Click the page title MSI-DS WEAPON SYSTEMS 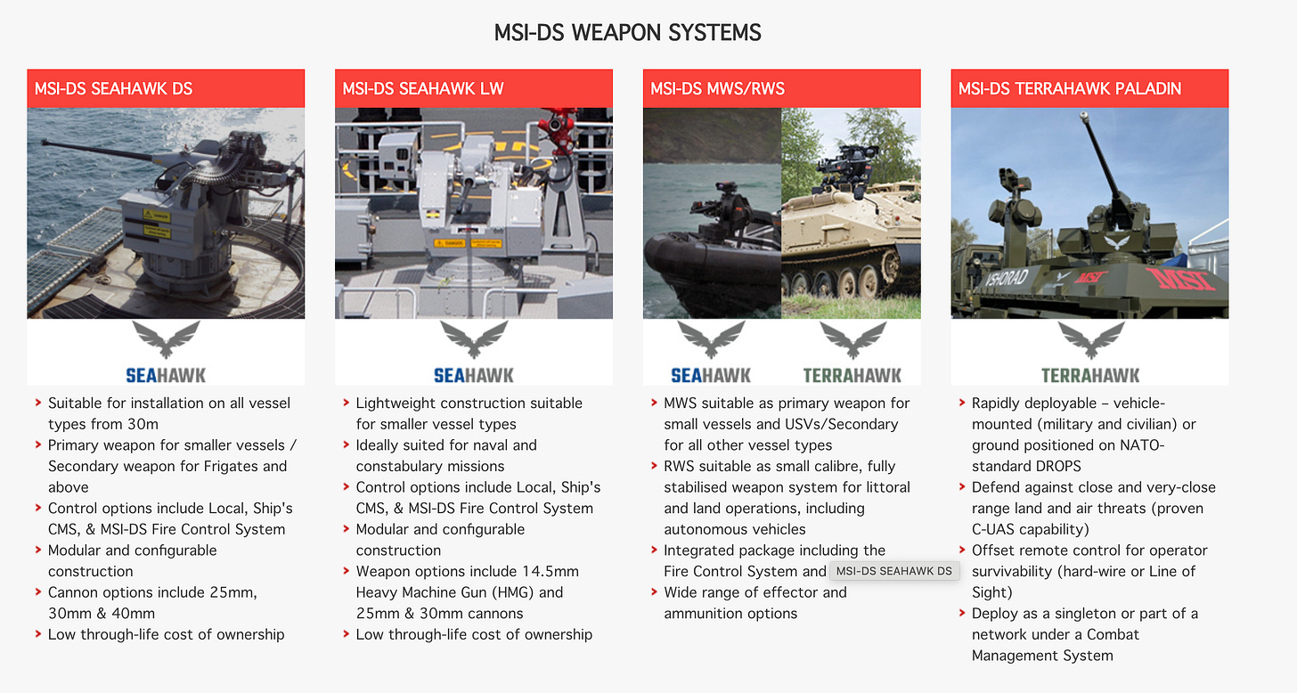(x=627, y=34)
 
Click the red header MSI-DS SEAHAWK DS (x=113, y=88)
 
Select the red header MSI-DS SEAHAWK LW (x=423, y=88)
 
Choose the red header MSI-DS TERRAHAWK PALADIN (x=1069, y=88)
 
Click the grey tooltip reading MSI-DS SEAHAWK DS (x=894, y=571)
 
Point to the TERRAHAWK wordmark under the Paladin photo (x=1090, y=375)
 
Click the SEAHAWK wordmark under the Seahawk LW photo (x=474, y=375)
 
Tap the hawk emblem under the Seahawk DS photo (x=166, y=339)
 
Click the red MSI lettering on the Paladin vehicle (x=1182, y=280)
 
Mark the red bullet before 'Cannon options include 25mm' (x=38, y=592)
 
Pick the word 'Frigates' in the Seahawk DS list (x=229, y=466)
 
